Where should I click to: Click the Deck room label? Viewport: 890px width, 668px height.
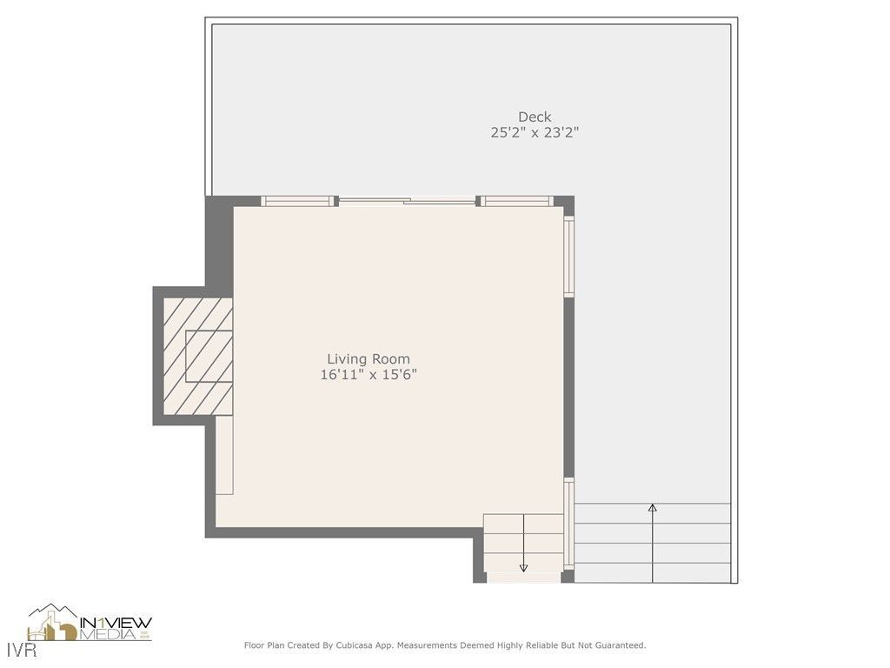pyautogui.click(x=535, y=117)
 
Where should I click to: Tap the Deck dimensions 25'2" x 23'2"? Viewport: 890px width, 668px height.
pyautogui.click(x=535, y=133)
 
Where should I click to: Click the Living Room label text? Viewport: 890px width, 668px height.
pyautogui.click(x=369, y=358)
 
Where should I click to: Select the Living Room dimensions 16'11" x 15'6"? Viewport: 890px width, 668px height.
pyautogui.click(x=369, y=375)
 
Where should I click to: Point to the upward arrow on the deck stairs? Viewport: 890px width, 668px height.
pyautogui.click(x=653, y=508)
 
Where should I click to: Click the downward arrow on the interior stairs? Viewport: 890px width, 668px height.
pyautogui.click(x=523, y=567)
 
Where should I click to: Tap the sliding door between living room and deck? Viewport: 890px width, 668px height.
pyautogui.click(x=406, y=202)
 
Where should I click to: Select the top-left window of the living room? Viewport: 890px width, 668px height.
pyautogui.click(x=298, y=202)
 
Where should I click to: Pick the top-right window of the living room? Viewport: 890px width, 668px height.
pyautogui.click(x=517, y=202)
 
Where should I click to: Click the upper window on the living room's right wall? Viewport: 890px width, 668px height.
pyautogui.click(x=569, y=257)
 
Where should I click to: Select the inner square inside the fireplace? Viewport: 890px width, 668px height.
pyautogui.click(x=209, y=357)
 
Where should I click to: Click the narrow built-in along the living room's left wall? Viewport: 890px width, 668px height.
pyautogui.click(x=224, y=455)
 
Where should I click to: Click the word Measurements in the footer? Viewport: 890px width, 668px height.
pyautogui.click(x=424, y=645)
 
